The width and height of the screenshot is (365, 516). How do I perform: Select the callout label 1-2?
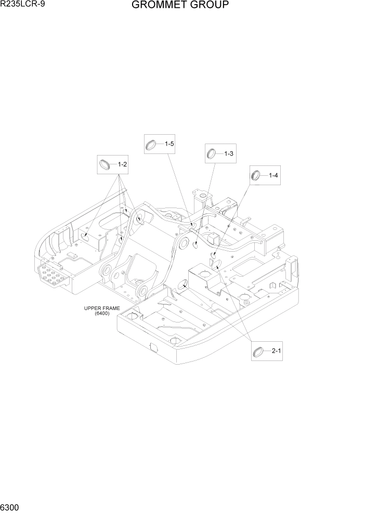[x=123, y=164]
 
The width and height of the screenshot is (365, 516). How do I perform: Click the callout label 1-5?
[x=170, y=144]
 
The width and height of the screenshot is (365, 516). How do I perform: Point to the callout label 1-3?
[x=229, y=153]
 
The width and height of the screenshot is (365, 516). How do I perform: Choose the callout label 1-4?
[x=273, y=175]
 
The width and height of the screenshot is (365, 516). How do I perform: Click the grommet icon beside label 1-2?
[x=105, y=164]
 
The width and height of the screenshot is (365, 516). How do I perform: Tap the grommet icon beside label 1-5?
[x=151, y=144]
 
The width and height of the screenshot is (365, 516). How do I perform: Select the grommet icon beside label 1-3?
[x=212, y=153]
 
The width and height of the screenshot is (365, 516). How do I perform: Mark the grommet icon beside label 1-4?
[x=256, y=175]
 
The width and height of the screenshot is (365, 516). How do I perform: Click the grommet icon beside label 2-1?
[x=258, y=353]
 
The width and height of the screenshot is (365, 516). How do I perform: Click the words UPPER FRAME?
[x=102, y=308]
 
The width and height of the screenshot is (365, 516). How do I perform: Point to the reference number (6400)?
[x=102, y=313]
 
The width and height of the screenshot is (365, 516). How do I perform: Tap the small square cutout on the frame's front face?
[x=153, y=346]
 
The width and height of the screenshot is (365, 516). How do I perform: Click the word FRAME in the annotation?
[x=111, y=308]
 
